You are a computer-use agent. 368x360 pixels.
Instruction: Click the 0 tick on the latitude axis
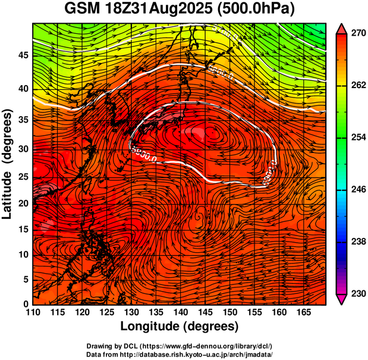[24, 304]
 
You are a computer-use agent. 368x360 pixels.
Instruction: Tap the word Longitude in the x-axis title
[151, 327]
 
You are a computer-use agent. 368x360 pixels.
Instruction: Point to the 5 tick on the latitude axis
[24, 279]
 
